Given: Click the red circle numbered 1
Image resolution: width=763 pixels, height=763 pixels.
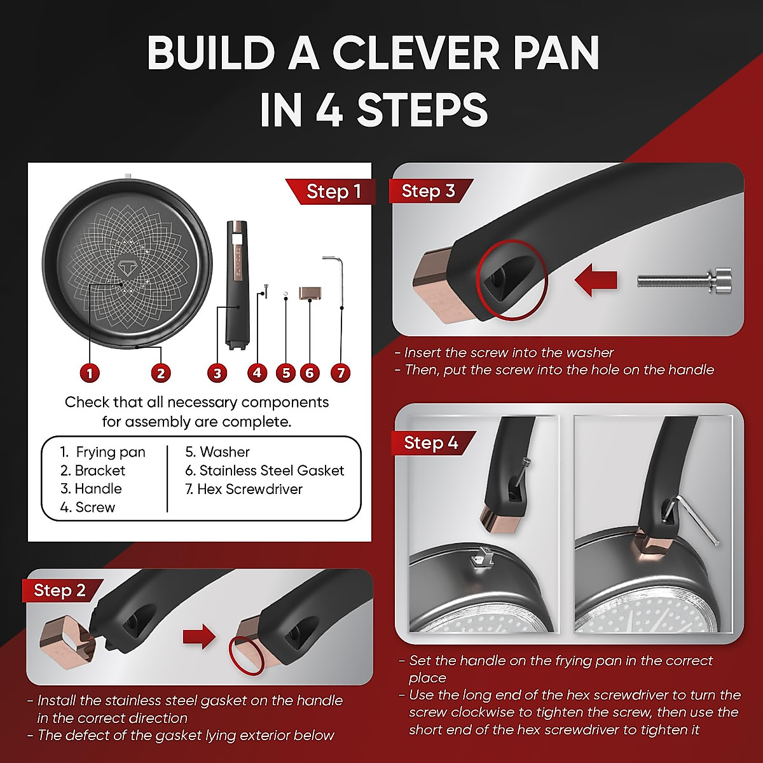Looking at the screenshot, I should [x=90, y=373].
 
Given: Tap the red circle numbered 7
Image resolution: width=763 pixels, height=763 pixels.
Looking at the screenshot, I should [x=341, y=373].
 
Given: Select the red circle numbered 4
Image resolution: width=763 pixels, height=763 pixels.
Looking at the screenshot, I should [x=257, y=373].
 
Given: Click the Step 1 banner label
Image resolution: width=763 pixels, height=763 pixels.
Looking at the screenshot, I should [x=333, y=191].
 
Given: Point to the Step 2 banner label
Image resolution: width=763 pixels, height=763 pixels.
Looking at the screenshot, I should [x=60, y=590].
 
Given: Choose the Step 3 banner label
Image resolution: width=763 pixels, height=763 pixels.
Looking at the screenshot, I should [x=429, y=191].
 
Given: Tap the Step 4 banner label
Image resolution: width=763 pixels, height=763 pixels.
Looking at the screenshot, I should [x=431, y=443].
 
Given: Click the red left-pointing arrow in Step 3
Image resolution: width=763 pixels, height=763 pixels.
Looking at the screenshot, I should [x=596, y=279].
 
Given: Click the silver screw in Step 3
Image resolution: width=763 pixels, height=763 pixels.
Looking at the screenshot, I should [x=684, y=279].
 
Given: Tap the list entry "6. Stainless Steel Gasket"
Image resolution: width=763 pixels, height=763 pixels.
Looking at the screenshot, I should [x=265, y=471].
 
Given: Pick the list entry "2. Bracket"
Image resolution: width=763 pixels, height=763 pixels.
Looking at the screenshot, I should [x=93, y=471].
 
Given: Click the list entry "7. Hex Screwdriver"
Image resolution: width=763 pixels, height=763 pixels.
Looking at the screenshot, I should [x=244, y=489].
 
